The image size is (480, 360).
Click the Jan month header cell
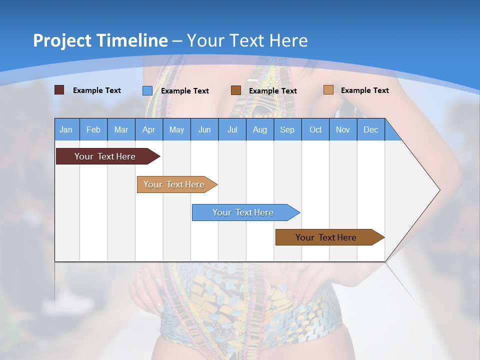(x=66, y=129)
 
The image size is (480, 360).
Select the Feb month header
(x=93, y=129)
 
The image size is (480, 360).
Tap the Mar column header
(x=121, y=129)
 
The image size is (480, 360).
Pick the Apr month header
(x=149, y=129)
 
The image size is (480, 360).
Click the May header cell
(x=176, y=129)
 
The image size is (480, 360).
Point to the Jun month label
(x=204, y=129)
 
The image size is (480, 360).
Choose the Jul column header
(x=232, y=129)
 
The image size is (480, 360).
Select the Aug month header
(x=260, y=129)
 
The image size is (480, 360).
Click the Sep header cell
(x=287, y=129)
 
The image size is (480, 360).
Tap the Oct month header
(x=315, y=129)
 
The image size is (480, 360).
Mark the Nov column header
(x=343, y=129)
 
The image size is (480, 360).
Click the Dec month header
(x=371, y=129)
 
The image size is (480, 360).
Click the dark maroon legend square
(x=59, y=90)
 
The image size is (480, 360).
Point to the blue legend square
(x=147, y=90)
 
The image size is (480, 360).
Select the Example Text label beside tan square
(x=364, y=90)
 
